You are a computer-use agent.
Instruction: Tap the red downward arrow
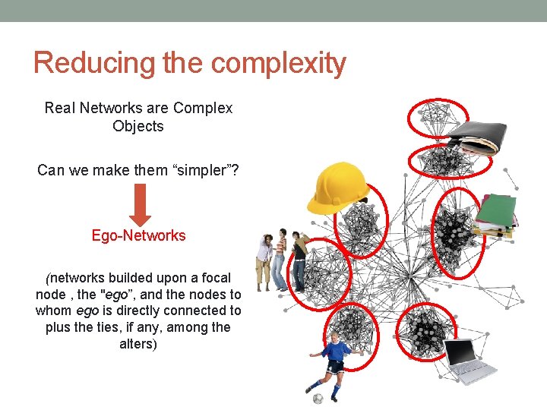[138, 203]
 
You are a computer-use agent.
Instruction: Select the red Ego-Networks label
[138, 235]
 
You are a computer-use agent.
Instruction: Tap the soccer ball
[318, 398]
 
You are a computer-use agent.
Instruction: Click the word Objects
[138, 126]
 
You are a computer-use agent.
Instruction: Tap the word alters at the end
[138, 344]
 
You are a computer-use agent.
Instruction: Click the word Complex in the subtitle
[203, 108]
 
